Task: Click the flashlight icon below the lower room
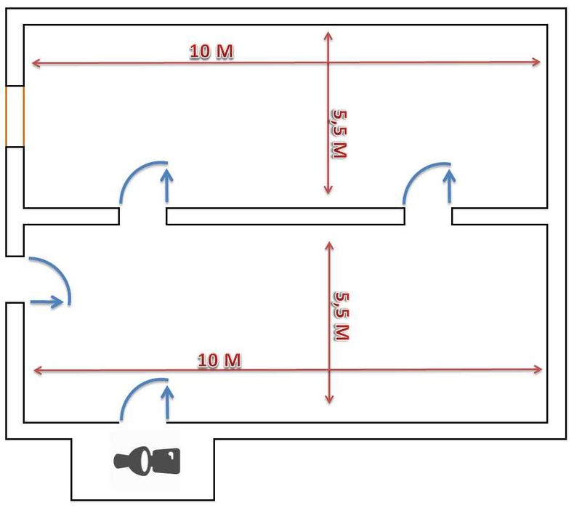(147, 460)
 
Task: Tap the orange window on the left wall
(15, 116)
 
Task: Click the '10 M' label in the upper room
(211, 52)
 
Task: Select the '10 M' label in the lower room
(219, 360)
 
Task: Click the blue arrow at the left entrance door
(48, 302)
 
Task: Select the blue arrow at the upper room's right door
(450, 185)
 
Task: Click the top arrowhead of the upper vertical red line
(328, 35)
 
